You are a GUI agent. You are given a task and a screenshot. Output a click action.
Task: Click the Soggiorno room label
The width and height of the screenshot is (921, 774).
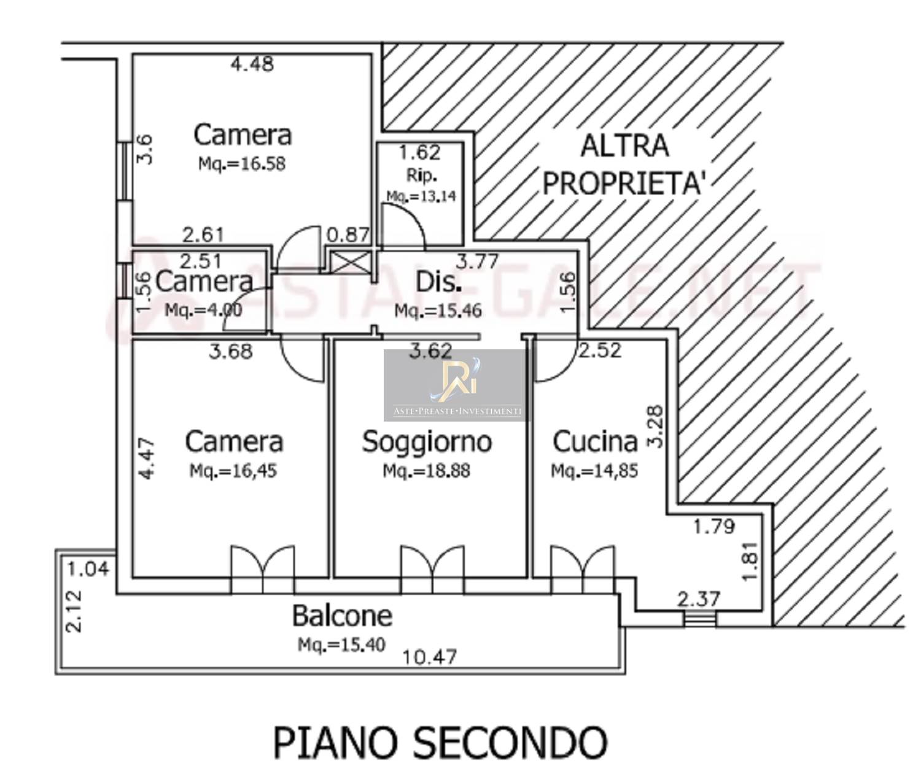(427, 442)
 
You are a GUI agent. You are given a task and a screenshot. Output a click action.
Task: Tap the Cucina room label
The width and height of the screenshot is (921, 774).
(595, 442)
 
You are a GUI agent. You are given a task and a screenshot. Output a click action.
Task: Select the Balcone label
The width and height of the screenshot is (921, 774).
(342, 616)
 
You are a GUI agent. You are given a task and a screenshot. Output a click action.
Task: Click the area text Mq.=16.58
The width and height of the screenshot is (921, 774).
(242, 164)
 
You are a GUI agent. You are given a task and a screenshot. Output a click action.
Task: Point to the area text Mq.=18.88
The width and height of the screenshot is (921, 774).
(427, 471)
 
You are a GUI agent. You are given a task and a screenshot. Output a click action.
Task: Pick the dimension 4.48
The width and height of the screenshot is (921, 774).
(252, 64)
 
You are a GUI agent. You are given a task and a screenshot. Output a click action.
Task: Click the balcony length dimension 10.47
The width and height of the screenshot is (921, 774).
(430, 657)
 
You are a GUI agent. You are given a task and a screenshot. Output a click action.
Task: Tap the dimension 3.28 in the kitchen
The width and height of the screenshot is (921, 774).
(656, 426)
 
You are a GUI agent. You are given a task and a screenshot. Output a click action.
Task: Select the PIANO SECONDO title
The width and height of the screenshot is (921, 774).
(440, 743)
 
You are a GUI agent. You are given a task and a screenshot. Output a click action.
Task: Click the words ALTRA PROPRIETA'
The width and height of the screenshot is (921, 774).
(624, 164)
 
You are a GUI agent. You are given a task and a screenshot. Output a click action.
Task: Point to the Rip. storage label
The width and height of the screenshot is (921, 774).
(422, 176)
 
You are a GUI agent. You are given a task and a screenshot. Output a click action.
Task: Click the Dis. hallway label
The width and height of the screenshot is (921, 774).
(438, 282)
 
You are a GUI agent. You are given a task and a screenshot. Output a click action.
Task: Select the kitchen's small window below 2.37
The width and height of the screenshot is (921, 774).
(699, 618)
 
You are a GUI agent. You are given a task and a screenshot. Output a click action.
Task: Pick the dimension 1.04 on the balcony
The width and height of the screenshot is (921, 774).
(88, 569)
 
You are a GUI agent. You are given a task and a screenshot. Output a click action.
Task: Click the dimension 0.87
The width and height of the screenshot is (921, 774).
(348, 234)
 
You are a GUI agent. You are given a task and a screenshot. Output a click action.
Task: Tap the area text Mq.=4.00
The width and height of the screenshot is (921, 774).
(203, 310)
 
